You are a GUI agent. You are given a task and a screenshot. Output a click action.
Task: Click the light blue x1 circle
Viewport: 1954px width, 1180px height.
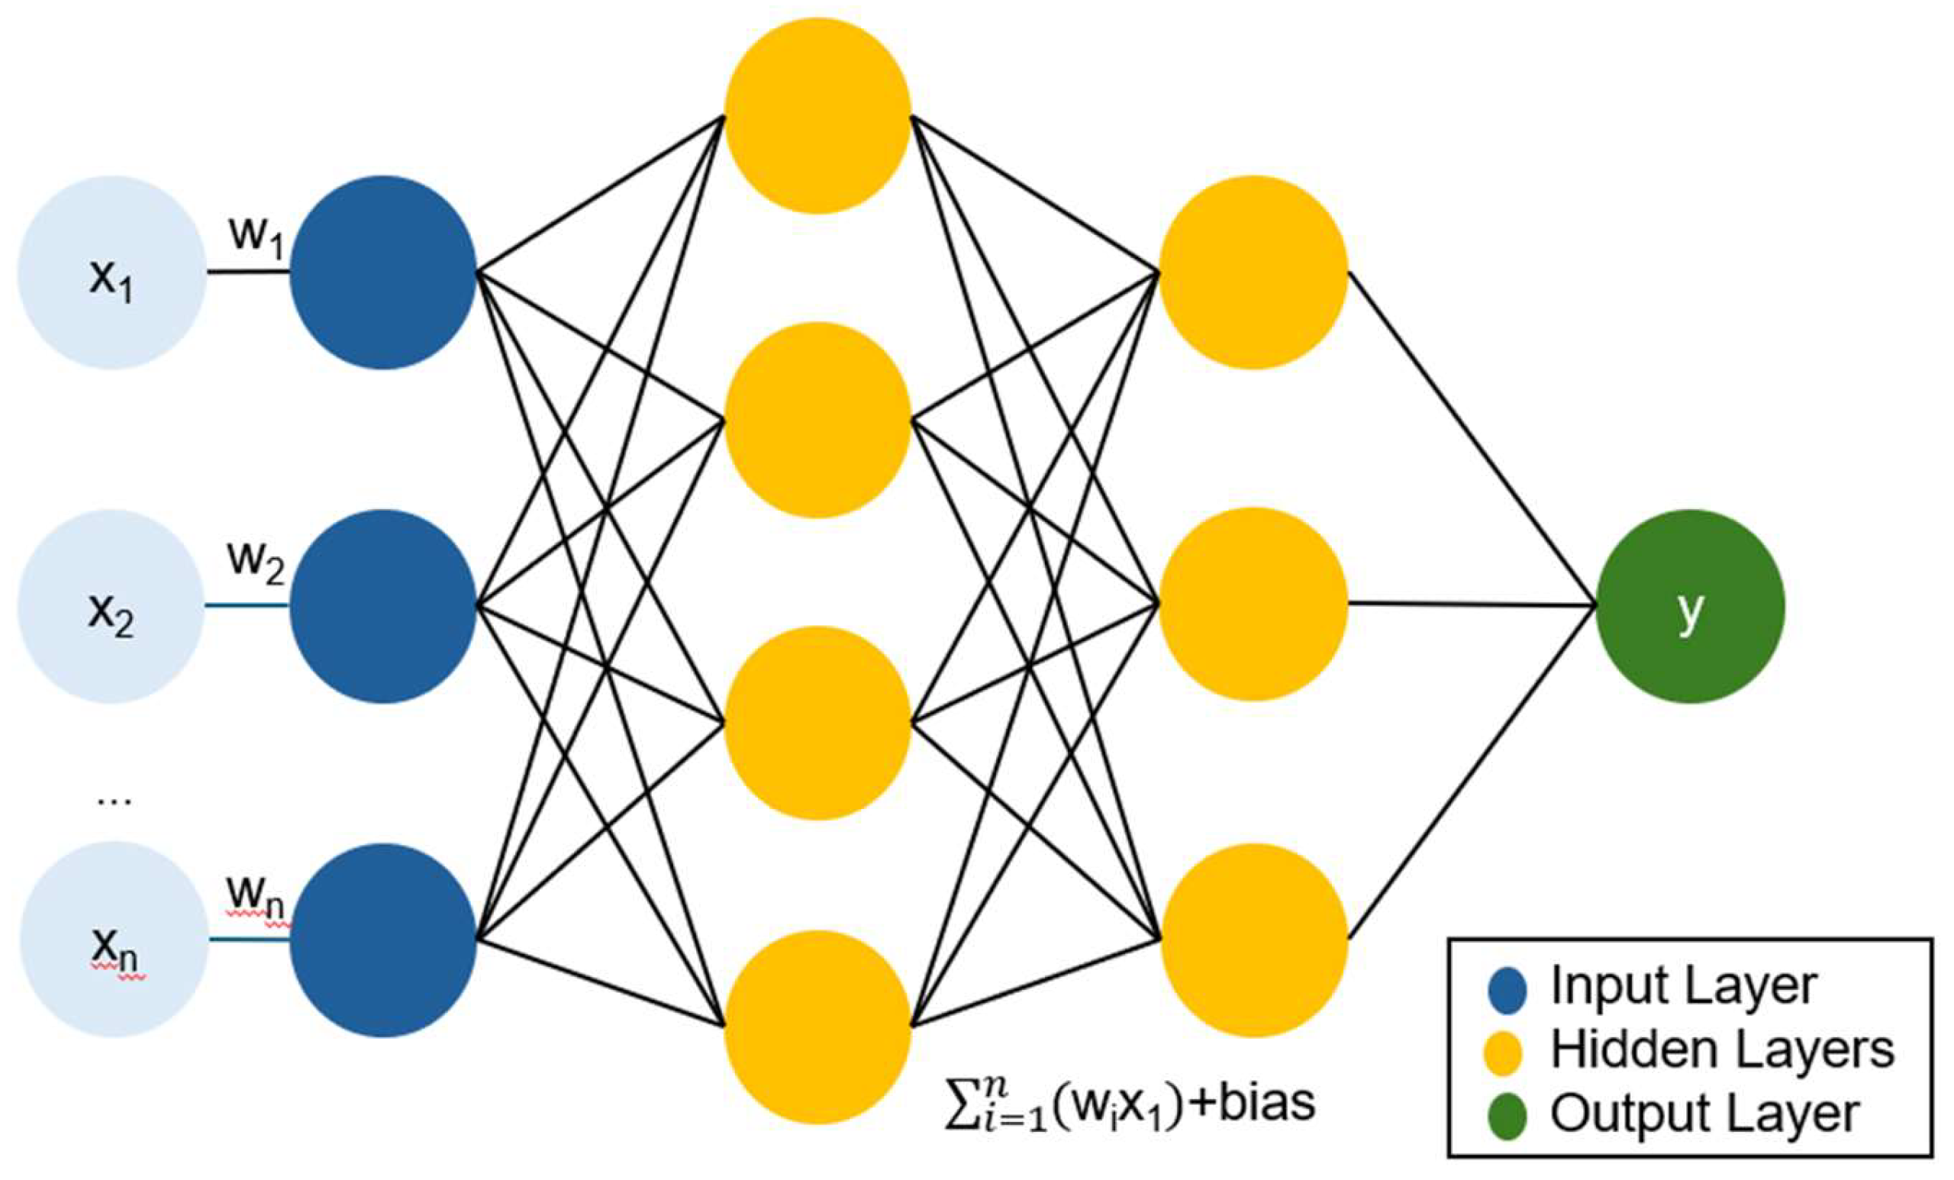[x=111, y=272]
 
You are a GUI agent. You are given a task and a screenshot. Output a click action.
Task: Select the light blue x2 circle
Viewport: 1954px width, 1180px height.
[x=111, y=606]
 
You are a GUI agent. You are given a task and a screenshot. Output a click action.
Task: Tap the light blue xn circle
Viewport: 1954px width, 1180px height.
[x=114, y=939]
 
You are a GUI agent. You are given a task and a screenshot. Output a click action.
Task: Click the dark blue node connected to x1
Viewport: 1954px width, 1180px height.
[x=383, y=272]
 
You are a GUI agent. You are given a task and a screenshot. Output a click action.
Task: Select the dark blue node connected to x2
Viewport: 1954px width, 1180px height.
[x=383, y=606]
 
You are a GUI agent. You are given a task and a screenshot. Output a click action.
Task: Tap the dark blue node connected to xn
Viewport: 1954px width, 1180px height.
[x=383, y=940]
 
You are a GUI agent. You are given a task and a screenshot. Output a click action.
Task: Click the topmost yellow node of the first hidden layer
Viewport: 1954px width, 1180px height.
[x=817, y=116]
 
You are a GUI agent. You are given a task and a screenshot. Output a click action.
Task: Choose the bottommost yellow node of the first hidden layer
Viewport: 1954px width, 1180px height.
[x=817, y=1027]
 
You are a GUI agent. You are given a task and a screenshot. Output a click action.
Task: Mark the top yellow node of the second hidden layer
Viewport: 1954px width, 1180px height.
[x=1253, y=272]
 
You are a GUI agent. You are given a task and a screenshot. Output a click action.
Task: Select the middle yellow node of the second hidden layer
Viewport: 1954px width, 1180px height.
[x=1253, y=605]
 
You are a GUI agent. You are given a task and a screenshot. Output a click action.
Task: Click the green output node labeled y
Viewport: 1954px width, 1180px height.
[x=1690, y=606]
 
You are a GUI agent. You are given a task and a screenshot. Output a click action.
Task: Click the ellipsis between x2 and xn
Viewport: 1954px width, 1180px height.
[x=114, y=801]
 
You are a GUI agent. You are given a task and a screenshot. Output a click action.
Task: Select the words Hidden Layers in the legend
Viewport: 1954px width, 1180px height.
[x=1722, y=1051]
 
